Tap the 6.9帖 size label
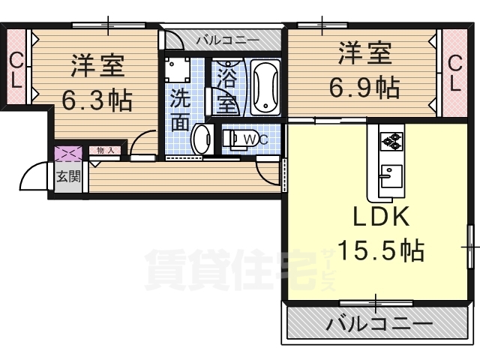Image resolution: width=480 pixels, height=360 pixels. (365, 88)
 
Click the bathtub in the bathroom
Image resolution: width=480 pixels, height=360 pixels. (265, 87)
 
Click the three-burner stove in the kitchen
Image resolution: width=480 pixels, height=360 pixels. (391, 140)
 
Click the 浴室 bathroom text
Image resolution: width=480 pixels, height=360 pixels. (226, 87)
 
